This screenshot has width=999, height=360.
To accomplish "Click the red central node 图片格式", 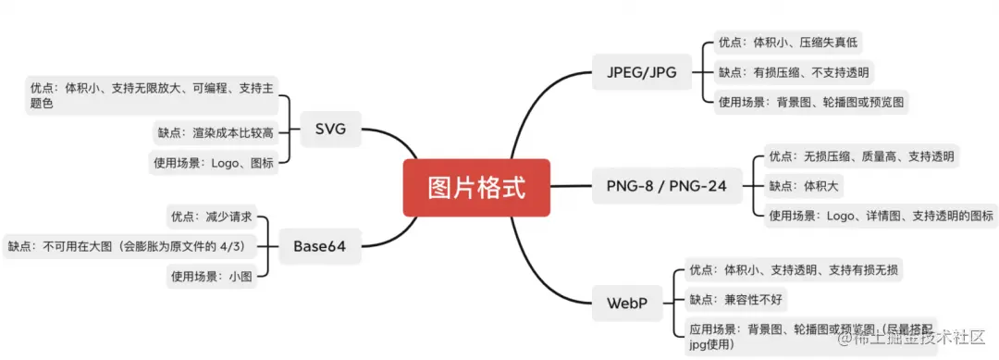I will (x=476, y=188).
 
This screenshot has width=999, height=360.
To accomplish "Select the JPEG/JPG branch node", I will (x=642, y=71).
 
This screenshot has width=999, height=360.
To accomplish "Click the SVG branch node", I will (x=330, y=129).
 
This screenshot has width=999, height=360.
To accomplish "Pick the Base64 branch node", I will (x=319, y=245).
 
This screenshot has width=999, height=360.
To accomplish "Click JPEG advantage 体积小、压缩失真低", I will (x=791, y=43).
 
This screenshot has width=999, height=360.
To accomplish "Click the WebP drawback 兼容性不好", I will (x=737, y=300).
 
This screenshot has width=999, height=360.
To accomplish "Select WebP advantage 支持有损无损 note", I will (x=795, y=270).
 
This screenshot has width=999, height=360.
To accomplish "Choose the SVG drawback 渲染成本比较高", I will (x=215, y=132).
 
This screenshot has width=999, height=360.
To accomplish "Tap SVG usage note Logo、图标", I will (x=214, y=162).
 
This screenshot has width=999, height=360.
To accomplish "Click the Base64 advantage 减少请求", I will (x=211, y=217).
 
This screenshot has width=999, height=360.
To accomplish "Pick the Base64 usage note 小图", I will (x=211, y=275).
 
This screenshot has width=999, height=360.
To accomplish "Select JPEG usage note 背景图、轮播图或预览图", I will (x=810, y=102).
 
